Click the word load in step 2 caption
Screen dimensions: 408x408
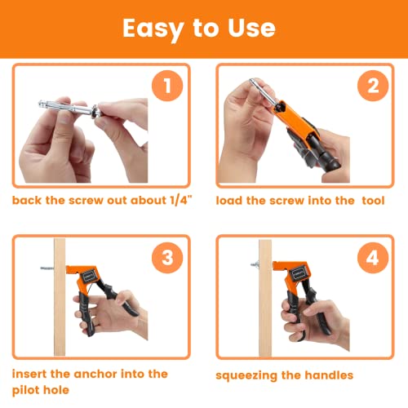[x=233, y=199]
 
